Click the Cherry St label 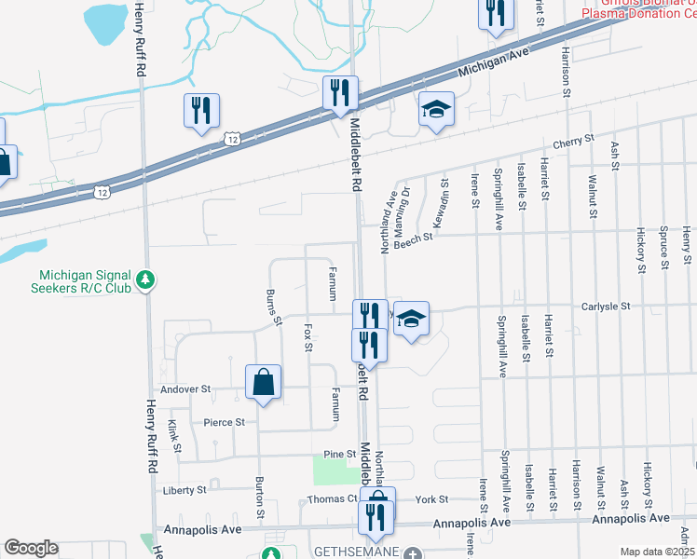pyautogui.click(x=573, y=141)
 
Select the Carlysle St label pyautogui.click(x=607, y=306)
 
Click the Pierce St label pyautogui.click(x=224, y=422)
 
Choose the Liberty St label pyautogui.click(x=184, y=489)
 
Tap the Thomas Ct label pyautogui.click(x=333, y=499)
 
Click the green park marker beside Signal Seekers pyautogui.click(x=145, y=279)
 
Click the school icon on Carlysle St pyautogui.click(x=410, y=319)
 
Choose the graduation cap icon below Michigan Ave pyautogui.click(x=436, y=110)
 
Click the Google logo pyautogui.click(x=31, y=547)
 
